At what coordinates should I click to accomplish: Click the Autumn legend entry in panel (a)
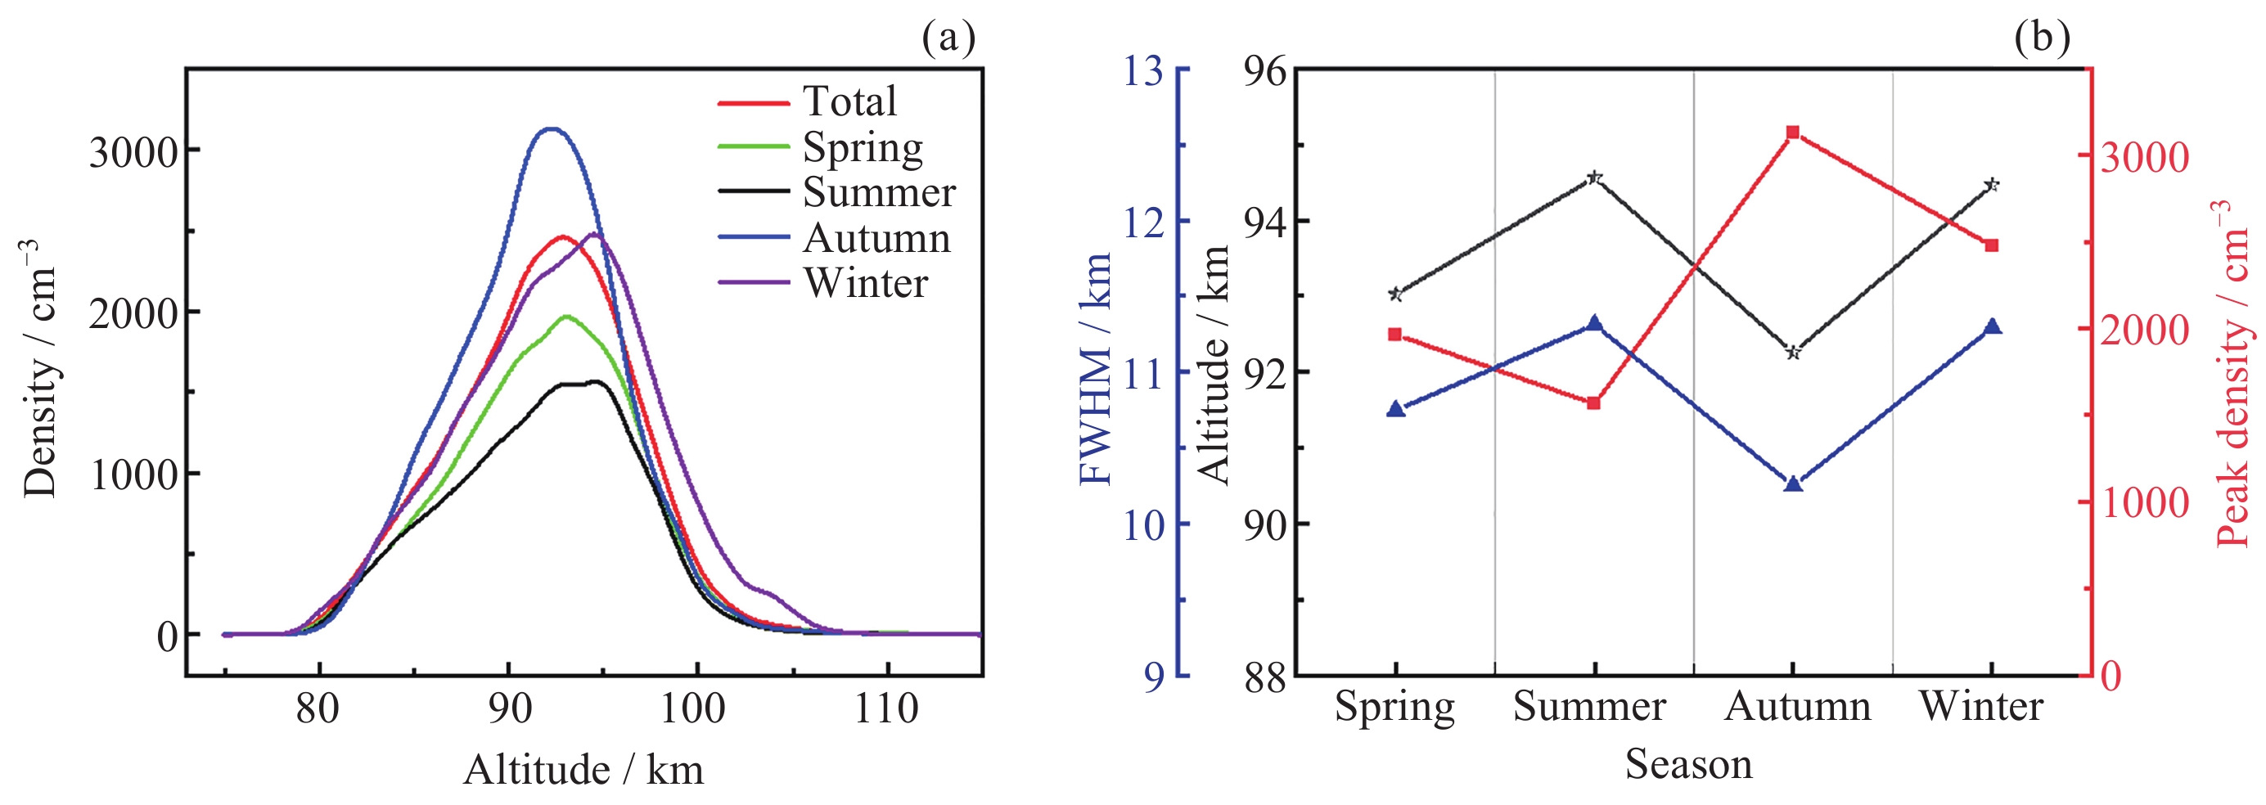(876, 237)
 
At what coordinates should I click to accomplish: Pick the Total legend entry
(849, 101)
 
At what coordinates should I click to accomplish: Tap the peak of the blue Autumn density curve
(552, 129)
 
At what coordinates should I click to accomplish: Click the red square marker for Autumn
(1793, 133)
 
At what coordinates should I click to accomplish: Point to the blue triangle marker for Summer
(1594, 324)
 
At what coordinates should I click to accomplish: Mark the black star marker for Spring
(1395, 294)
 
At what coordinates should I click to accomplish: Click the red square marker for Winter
(1992, 245)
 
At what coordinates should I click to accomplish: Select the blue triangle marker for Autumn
(1793, 483)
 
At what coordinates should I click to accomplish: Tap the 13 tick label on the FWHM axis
(1142, 70)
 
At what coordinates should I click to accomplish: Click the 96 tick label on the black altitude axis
(1264, 70)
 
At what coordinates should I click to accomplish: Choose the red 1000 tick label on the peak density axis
(2144, 503)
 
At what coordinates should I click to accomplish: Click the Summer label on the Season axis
(1588, 707)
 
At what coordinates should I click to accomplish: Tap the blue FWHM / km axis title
(1095, 370)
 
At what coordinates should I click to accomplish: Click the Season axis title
(1688, 763)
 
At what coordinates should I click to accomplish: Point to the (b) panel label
(2042, 37)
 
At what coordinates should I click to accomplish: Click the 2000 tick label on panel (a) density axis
(133, 313)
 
